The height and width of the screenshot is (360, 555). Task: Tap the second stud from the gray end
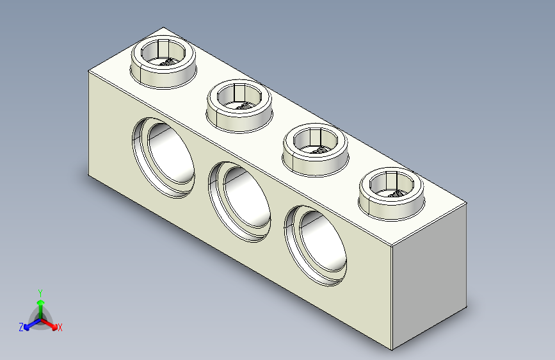click(x=315, y=150)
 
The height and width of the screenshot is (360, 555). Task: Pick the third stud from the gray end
click(x=239, y=106)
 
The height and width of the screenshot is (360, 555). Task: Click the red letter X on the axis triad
click(x=60, y=328)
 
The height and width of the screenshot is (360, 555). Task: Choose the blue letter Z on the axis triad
click(x=21, y=327)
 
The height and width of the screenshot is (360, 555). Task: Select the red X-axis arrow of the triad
click(x=52, y=324)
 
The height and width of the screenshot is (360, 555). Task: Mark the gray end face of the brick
click(x=428, y=282)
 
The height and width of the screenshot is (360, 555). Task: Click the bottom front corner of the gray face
click(x=390, y=350)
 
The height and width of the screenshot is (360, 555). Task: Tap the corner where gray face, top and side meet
click(x=390, y=247)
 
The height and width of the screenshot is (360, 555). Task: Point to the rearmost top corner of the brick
click(x=164, y=28)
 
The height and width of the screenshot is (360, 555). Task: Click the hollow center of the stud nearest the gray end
click(x=392, y=187)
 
